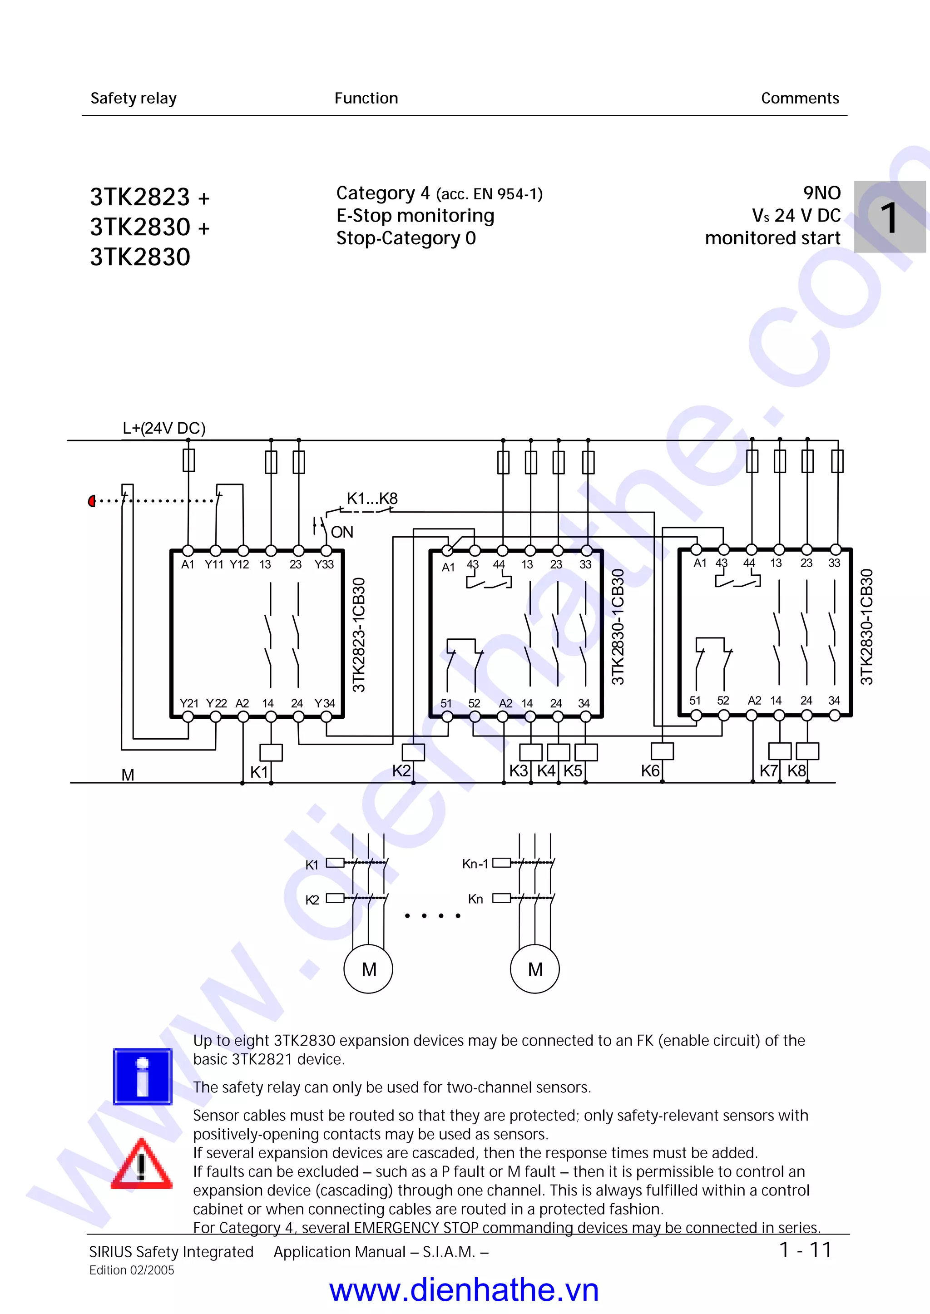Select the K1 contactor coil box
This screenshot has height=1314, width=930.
point(271,752)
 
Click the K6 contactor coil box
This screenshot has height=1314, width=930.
point(662,751)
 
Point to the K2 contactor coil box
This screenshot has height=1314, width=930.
point(413,752)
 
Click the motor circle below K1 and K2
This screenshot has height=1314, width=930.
point(368,969)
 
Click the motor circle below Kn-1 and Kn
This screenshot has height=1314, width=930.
point(534,969)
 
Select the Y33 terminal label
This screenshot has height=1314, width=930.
point(324,564)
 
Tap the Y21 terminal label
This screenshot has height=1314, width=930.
point(189,703)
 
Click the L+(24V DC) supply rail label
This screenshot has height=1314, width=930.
point(164,428)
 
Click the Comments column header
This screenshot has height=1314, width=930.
point(799,99)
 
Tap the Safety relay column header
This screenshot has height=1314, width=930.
point(134,99)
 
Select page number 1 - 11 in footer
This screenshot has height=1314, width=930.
point(805,1250)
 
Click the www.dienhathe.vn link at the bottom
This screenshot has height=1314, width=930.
point(464,1290)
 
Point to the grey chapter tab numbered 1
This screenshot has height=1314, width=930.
point(889,217)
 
